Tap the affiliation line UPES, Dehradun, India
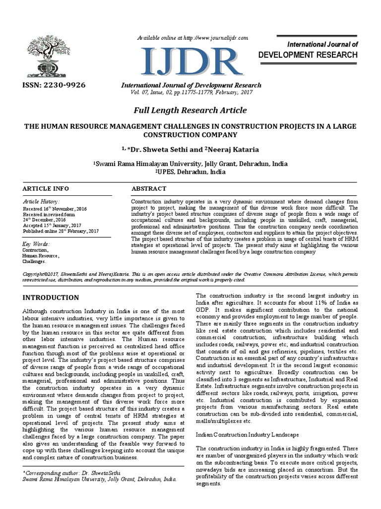point(190,171)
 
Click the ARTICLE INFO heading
point(46,189)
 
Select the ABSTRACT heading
point(149,189)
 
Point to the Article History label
point(41,201)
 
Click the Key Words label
point(36,244)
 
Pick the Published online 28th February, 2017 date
point(61,231)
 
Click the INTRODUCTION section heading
point(51,298)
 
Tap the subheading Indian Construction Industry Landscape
point(246,434)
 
